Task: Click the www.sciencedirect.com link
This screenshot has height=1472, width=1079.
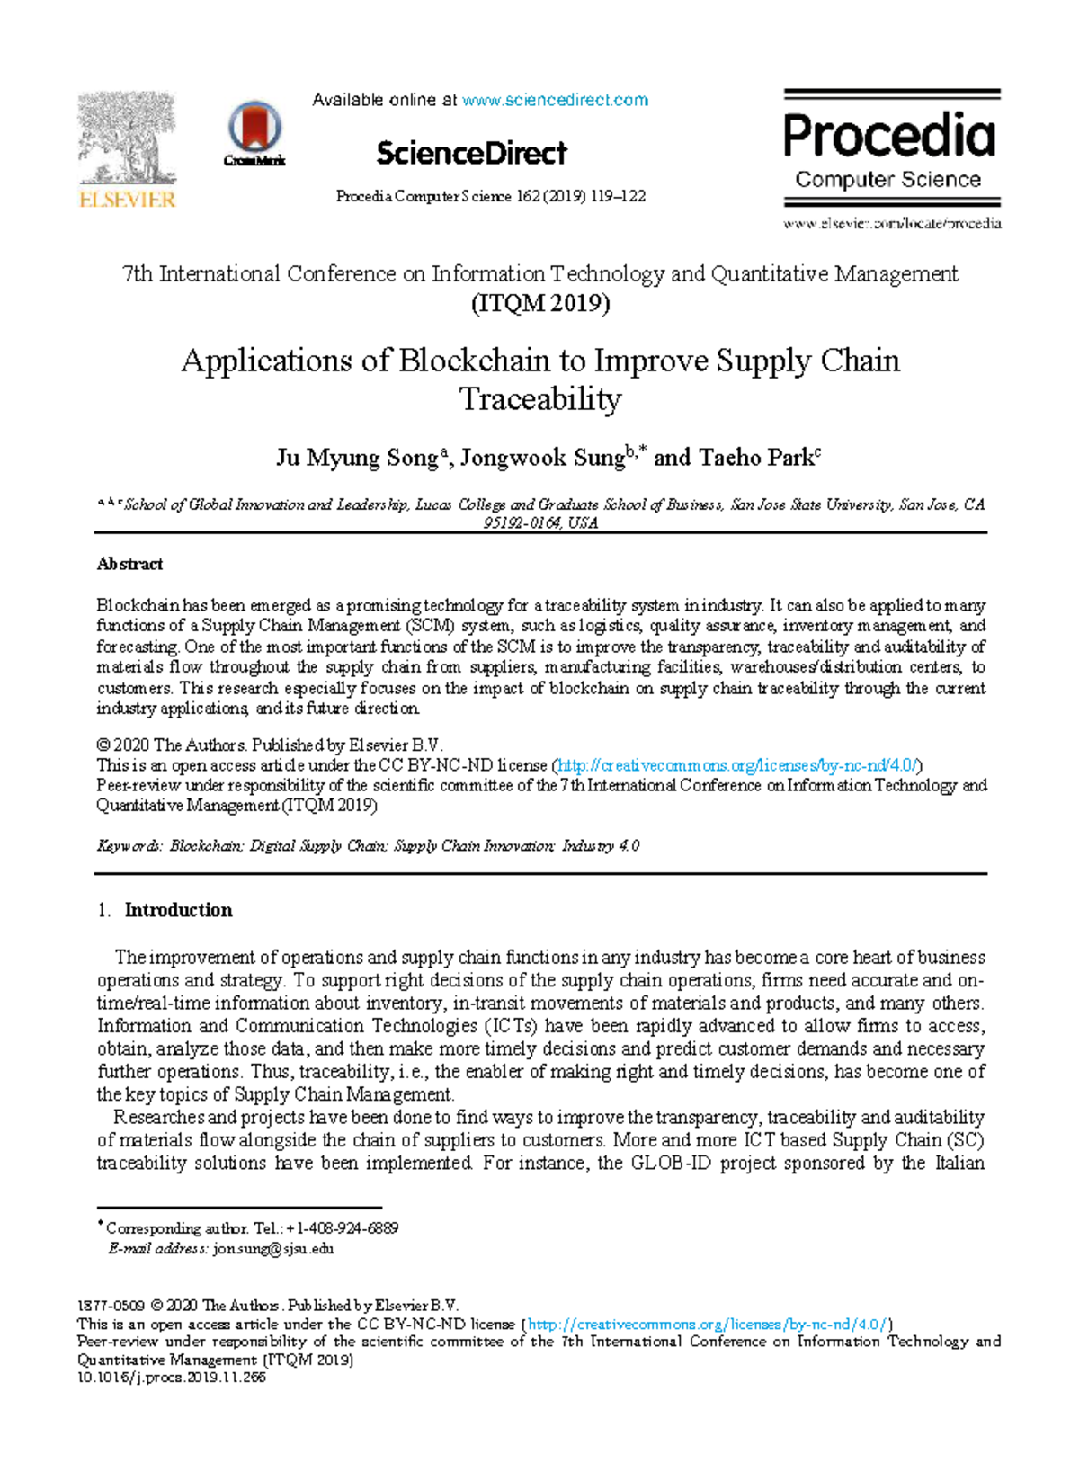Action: pyautogui.click(x=555, y=100)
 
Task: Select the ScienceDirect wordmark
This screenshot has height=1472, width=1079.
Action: pyautogui.click(x=471, y=154)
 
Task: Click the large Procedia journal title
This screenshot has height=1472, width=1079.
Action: pyautogui.click(x=889, y=136)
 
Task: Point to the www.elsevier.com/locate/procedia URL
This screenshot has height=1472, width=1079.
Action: pyautogui.click(x=892, y=223)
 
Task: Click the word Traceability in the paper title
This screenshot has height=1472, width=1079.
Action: pyautogui.click(x=540, y=399)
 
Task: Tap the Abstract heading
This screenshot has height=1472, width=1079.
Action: pyautogui.click(x=129, y=564)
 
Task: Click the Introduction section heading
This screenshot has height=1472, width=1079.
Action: pyautogui.click(x=178, y=910)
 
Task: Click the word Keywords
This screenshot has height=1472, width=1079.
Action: pyautogui.click(x=129, y=846)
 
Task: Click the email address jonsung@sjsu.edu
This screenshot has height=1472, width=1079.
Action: pyautogui.click(x=273, y=1249)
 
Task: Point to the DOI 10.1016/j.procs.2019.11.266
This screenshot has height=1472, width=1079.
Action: pyautogui.click(x=172, y=1377)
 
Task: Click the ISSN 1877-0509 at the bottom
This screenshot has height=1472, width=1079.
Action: pyautogui.click(x=111, y=1306)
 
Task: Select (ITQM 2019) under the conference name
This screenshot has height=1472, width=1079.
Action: pyautogui.click(x=540, y=303)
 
